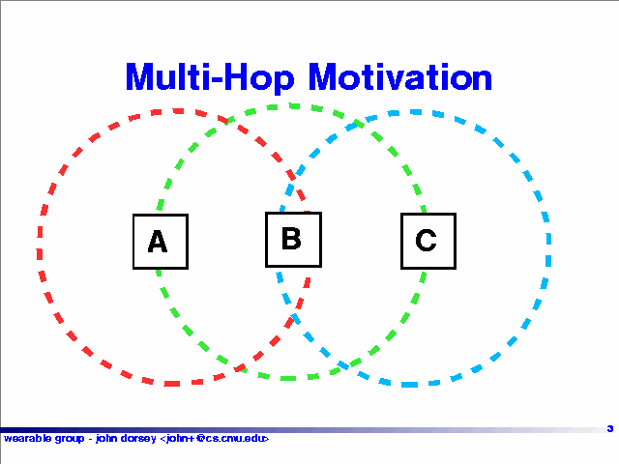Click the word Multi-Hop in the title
coord(210,78)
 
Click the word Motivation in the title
coord(400,76)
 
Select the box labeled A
coord(161,242)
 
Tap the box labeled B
coord(293,240)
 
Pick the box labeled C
coord(428,241)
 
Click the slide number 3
coord(610,428)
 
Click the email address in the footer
coord(215,438)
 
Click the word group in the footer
coord(70,439)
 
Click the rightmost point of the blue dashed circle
coord(548,248)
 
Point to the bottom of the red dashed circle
coord(174,383)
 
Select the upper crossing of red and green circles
coord(227,120)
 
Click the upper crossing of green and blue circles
coord(359,124)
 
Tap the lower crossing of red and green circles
coord(240,369)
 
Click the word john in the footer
coord(106,439)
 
